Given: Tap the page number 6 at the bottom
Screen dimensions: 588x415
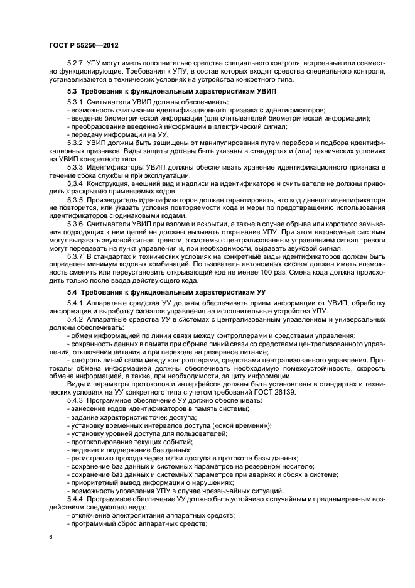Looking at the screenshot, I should click(x=50, y=537).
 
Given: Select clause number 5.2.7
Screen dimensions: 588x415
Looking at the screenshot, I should click(x=75, y=65).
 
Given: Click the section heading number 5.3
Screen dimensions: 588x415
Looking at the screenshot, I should click(x=72, y=92).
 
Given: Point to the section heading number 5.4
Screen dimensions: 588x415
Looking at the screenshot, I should click(x=72, y=293).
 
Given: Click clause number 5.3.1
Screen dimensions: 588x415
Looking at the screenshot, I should click(x=75, y=102).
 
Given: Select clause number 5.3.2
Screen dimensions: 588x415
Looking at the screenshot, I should click(x=75, y=143).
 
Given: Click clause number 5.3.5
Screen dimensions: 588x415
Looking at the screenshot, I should click(x=75, y=200).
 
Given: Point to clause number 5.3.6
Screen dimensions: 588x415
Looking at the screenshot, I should click(x=75, y=225).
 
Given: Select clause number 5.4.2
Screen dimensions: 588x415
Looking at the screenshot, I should click(x=75, y=320).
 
